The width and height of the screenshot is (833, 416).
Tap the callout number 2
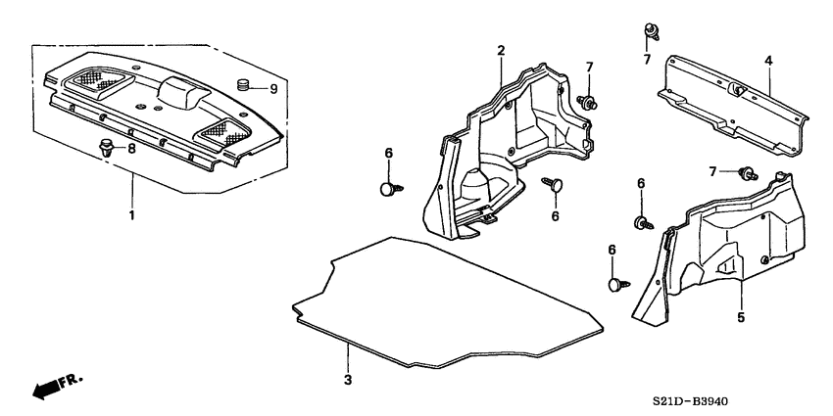501,50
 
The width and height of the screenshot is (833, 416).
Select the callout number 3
346,379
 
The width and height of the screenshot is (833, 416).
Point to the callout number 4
768,62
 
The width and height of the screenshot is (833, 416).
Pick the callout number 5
741,318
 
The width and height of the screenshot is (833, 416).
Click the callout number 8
132,150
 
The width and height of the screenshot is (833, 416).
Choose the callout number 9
273,89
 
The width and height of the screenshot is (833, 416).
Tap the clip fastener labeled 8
106,147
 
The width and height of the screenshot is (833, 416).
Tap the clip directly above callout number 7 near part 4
650,30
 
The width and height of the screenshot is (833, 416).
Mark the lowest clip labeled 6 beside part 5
616,285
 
